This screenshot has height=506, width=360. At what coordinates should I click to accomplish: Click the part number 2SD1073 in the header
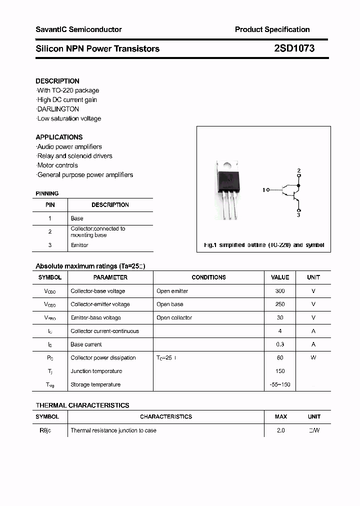tap(294, 48)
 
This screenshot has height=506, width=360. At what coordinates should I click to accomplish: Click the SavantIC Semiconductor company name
tap(78, 29)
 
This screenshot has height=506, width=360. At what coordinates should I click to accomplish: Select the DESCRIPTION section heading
tap(57, 81)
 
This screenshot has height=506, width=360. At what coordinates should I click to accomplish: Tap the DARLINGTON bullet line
tap(58, 109)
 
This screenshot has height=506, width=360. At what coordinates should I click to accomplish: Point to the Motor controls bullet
tap(57, 165)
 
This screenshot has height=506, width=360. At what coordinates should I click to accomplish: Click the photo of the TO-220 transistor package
tap(228, 187)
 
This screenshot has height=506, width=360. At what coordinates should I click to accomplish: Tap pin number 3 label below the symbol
tap(298, 215)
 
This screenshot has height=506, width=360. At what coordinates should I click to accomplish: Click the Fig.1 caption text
tap(264, 245)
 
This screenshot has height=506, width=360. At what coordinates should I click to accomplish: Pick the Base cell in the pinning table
tap(77, 218)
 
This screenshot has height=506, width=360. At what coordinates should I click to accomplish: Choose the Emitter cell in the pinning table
tap(79, 245)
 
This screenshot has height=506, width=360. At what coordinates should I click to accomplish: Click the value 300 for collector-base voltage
tap(280, 291)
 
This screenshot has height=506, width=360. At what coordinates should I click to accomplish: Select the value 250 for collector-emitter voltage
tap(280, 304)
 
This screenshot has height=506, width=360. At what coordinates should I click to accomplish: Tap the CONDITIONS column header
tap(208, 277)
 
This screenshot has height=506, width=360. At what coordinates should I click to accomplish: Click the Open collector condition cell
tap(174, 317)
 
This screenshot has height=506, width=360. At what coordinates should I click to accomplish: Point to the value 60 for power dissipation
tap(280, 357)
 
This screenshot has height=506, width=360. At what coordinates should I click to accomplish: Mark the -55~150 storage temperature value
tap(280, 384)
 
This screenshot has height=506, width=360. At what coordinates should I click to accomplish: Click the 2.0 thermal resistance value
tap(280, 430)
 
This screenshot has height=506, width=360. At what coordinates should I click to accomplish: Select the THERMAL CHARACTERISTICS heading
tap(82, 405)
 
